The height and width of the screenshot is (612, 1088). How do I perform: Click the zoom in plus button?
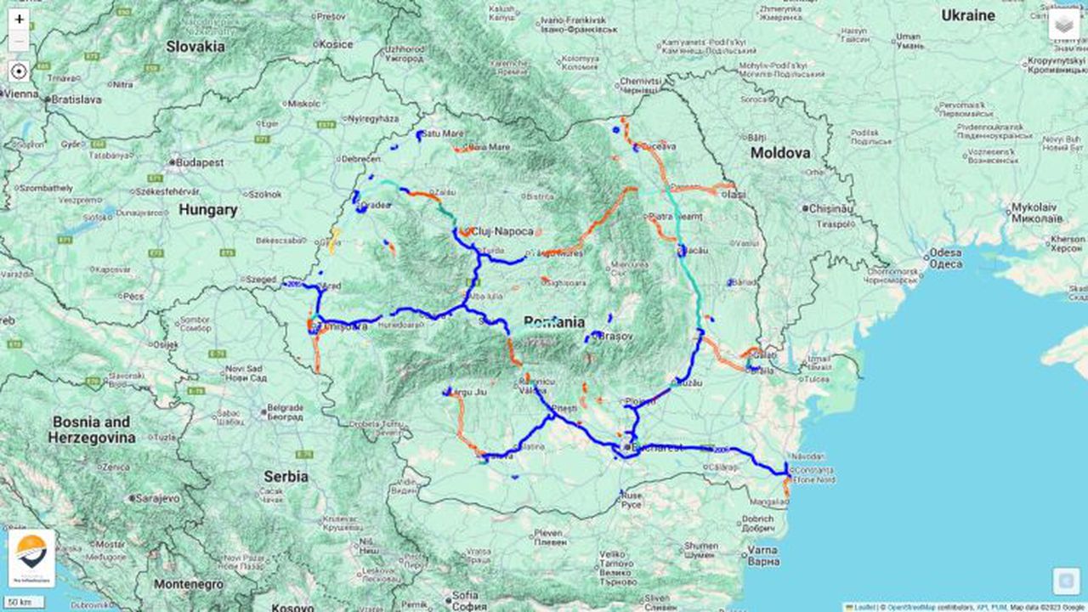tap(20, 19)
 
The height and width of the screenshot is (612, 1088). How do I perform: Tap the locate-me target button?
tap(20, 71)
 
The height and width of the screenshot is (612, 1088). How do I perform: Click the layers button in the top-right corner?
tap(1063, 25)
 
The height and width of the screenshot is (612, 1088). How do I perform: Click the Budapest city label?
tap(201, 161)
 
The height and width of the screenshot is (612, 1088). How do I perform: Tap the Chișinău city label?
tap(832, 208)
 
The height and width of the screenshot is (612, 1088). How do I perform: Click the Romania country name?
tap(554, 322)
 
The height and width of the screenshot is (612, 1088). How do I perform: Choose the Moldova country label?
tap(779, 153)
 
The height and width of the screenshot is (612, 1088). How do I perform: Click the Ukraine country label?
tap(967, 15)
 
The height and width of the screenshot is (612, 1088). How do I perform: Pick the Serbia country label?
tap(285, 476)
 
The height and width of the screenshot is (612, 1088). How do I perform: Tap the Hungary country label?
tap(208, 209)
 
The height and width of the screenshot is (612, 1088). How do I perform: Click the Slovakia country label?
tap(195, 46)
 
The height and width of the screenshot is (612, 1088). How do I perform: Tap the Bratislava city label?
tap(76, 99)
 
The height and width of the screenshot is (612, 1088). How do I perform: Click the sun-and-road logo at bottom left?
tap(31, 558)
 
